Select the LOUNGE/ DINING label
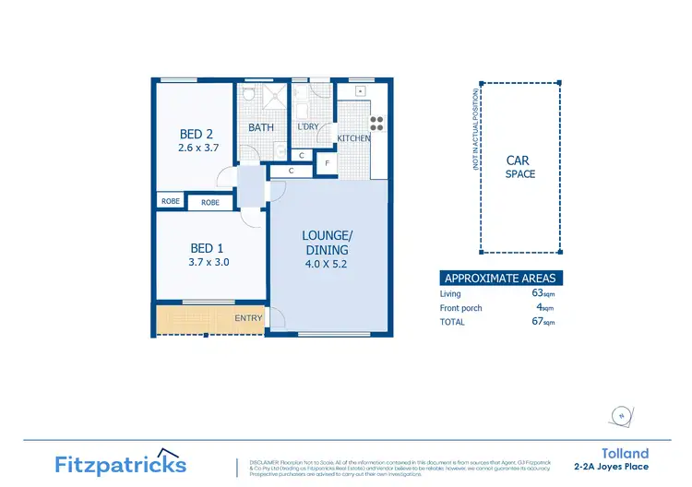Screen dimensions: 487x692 (x=328, y=242)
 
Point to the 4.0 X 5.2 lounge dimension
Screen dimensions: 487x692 (x=328, y=265)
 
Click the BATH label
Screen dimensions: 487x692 (x=261, y=127)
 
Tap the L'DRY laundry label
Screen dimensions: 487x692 (x=307, y=127)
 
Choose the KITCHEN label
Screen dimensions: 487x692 (x=353, y=138)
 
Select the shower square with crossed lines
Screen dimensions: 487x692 (x=275, y=96)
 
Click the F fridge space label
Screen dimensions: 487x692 (x=326, y=163)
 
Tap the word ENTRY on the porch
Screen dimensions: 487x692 (x=248, y=319)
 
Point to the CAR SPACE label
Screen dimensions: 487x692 (x=519, y=167)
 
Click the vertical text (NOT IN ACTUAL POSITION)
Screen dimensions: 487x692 (x=475, y=130)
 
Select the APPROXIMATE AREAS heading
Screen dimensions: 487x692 (x=500, y=278)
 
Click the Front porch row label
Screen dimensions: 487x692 (x=461, y=308)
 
